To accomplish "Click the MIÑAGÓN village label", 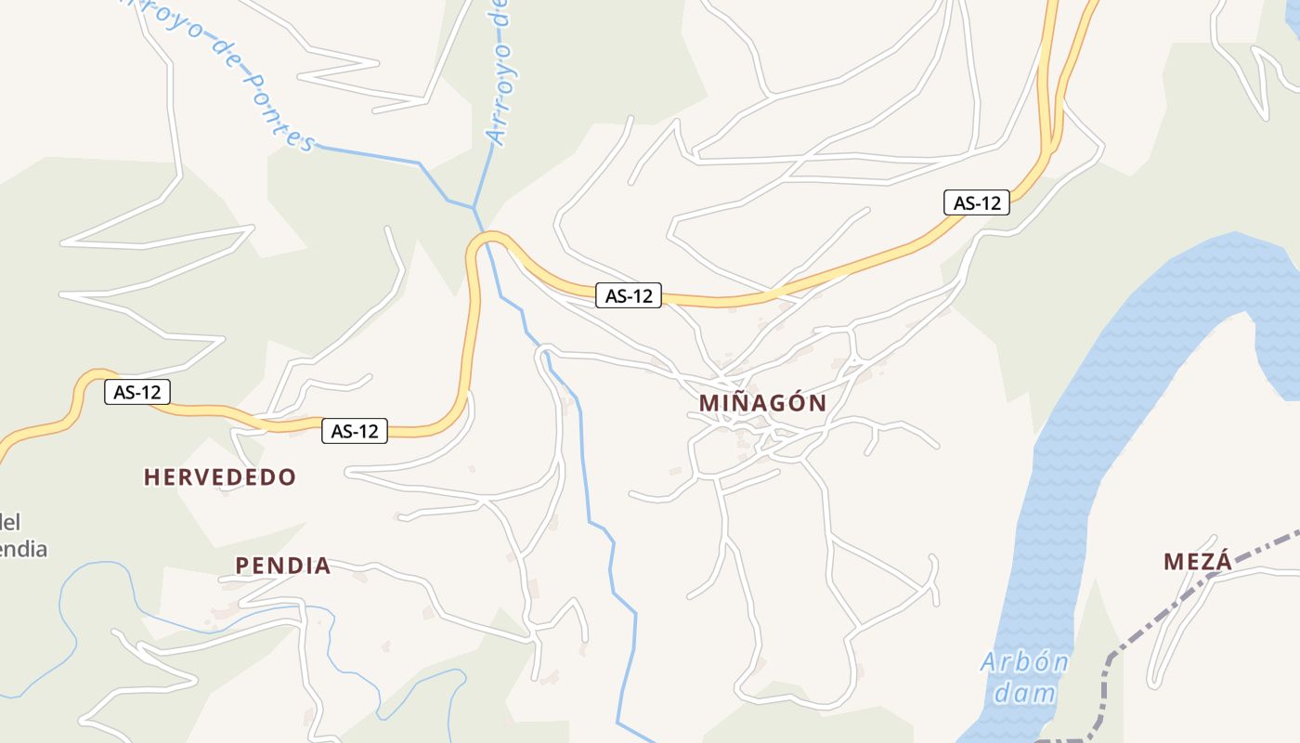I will pos(762,403).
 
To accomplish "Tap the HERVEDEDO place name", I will pos(220,477).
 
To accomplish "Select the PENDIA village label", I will pos(282,566).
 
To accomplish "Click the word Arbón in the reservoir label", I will pos(1024,663).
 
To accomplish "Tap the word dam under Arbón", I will pos(1024,693).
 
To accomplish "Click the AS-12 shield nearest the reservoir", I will pos(977,202).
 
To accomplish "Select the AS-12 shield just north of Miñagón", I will pos(629,296).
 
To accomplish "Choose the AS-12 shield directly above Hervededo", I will pos(355,431).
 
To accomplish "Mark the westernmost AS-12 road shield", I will pos(137,392).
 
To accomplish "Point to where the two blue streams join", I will pos(474,206).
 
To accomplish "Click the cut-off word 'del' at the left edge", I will pos(10,522).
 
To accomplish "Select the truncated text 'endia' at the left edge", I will pos(22,549).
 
